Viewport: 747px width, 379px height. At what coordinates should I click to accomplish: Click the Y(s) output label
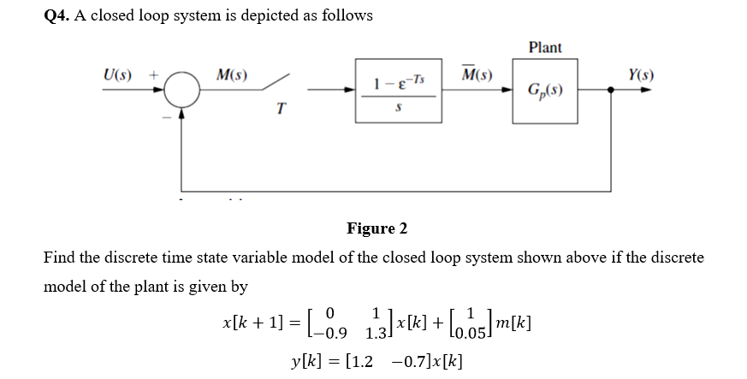coord(640,74)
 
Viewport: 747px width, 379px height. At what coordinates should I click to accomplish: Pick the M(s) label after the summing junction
coord(232,74)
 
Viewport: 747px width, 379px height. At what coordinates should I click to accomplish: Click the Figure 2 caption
coord(376,228)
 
